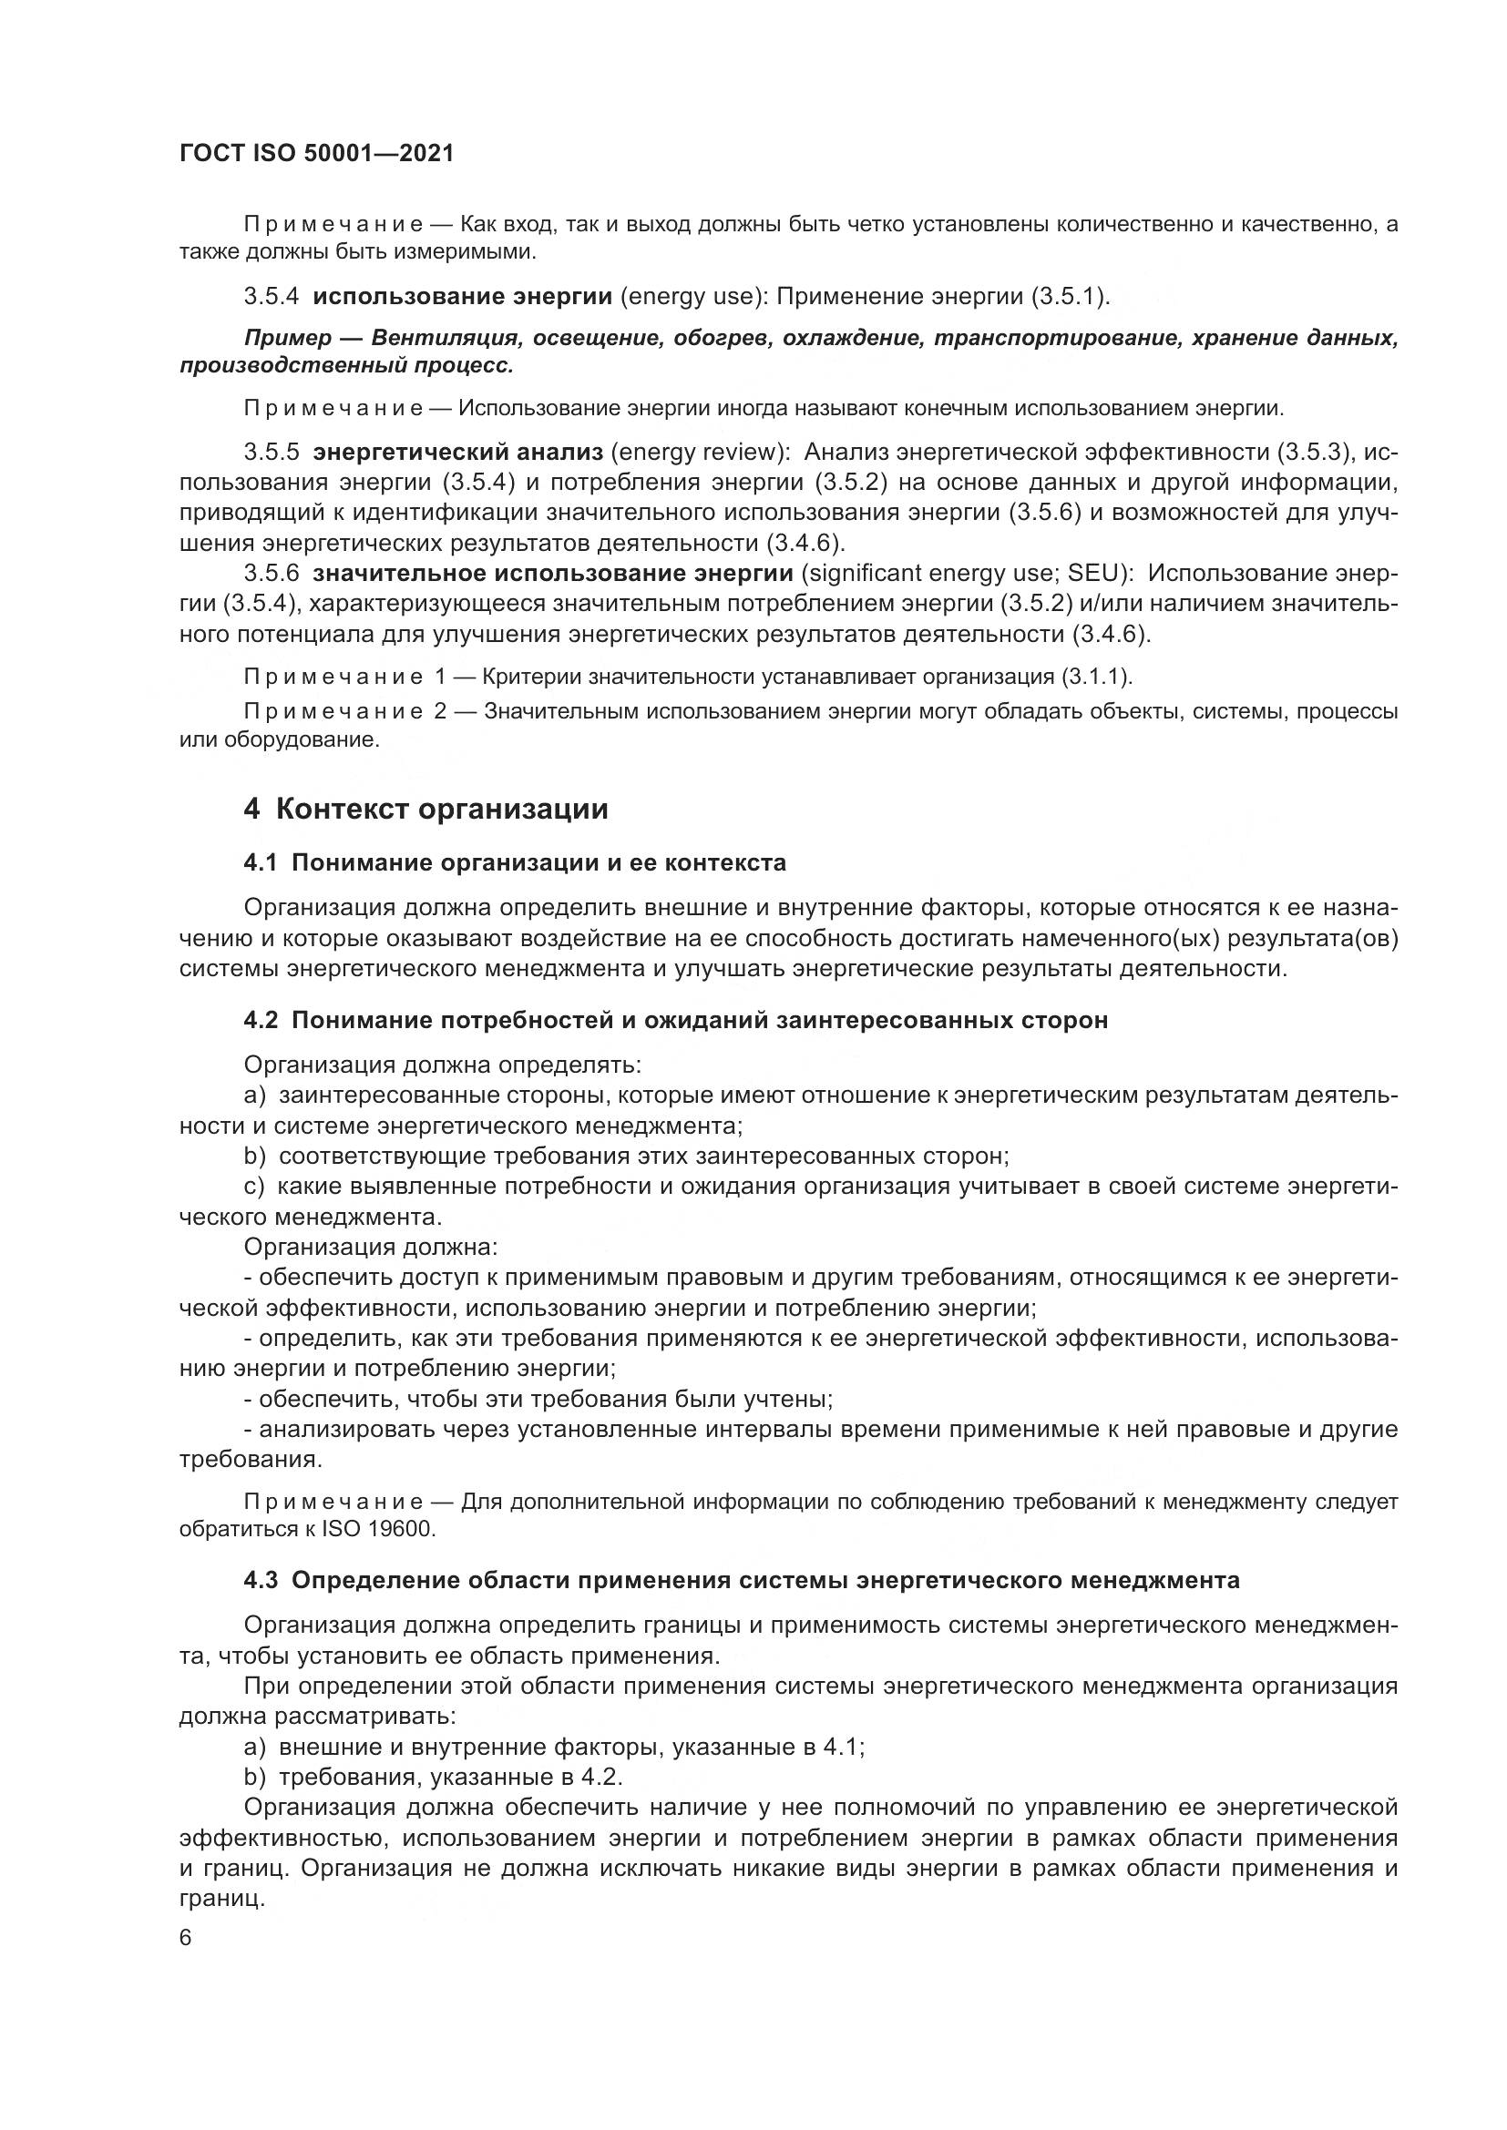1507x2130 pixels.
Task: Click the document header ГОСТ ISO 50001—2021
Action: pyautogui.click(x=316, y=154)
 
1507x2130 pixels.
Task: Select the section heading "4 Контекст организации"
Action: pyautogui.click(x=425, y=809)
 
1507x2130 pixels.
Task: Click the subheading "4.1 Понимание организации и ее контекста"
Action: pyautogui.click(x=515, y=862)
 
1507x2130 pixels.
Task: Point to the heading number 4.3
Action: pyautogui.click(x=261, y=1580)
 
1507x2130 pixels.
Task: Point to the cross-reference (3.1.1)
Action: pyautogui.click(x=1095, y=678)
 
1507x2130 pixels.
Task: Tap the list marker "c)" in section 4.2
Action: pyautogui.click(x=254, y=1187)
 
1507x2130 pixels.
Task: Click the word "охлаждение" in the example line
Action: pyautogui.click(x=853, y=338)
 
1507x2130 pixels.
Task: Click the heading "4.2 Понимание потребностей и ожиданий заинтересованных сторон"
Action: pyautogui.click(x=675, y=1021)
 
